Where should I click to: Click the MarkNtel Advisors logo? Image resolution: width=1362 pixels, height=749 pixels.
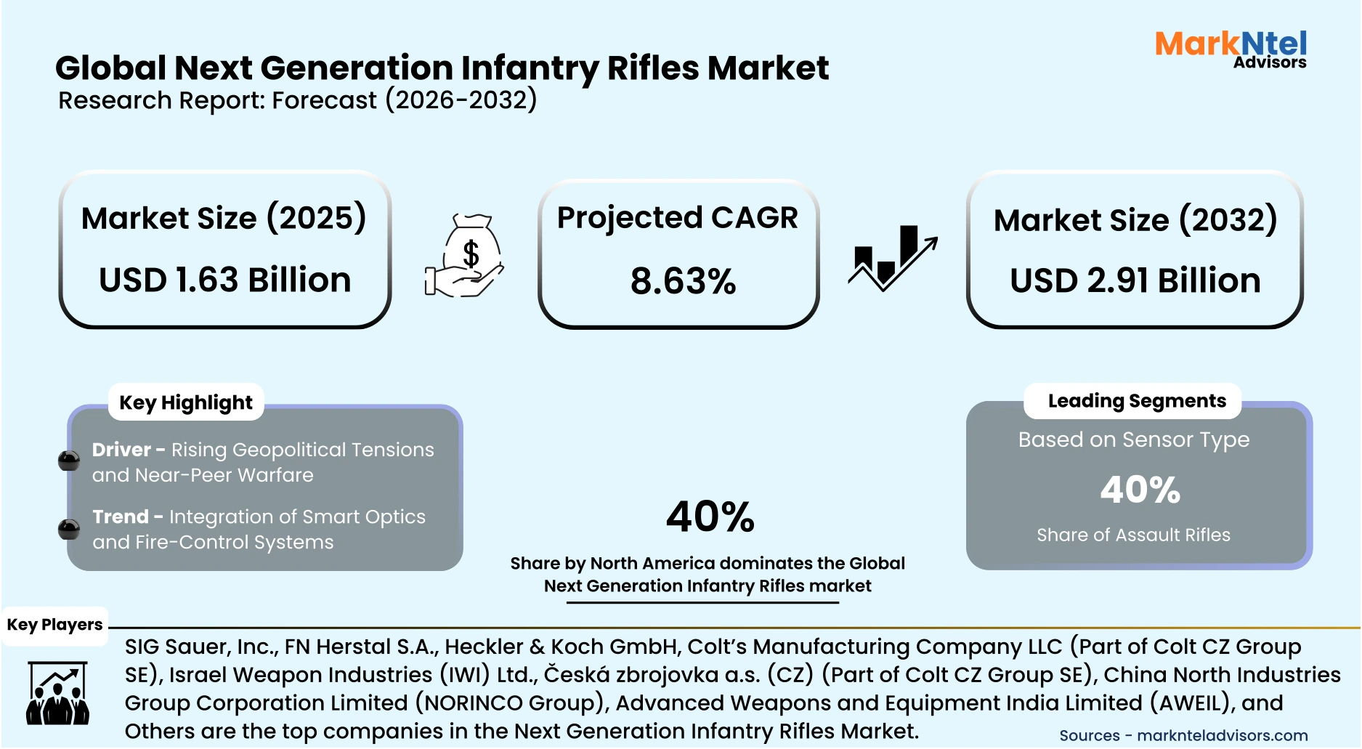click(x=1231, y=49)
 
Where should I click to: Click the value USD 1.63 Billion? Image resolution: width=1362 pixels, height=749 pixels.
click(x=225, y=280)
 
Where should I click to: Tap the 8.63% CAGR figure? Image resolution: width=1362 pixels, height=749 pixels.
click(x=683, y=281)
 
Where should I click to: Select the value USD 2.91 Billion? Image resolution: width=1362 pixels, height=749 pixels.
click(x=1135, y=280)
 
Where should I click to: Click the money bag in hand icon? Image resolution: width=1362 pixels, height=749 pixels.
click(x=465, y=256)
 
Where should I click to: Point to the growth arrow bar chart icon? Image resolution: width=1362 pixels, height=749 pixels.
click(x=893, y=258)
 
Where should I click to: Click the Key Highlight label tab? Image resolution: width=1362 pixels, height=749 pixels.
click(x=186, y=402)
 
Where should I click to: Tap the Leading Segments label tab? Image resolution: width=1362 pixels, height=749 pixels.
click(x=1136, y=401)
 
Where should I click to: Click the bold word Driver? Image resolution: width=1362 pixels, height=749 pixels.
click(x=121, y=450)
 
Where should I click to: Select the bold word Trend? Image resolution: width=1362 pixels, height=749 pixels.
click(x=120, y=517)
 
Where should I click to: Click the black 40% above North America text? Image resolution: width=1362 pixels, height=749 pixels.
click(x=710, y=517)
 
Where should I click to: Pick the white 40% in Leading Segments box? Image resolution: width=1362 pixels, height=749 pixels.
click(x=1140, y=490)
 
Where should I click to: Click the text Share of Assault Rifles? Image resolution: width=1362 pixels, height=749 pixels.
click(x=1133, y=535)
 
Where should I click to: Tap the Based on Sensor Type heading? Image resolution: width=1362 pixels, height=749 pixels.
click(x=1133, y=440)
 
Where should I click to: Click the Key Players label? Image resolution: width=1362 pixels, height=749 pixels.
click(x=54, y=625)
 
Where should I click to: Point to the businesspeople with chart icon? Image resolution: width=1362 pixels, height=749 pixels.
click(x=57, y=693)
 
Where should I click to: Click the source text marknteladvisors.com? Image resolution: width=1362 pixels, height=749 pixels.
click(x=1222, y=736)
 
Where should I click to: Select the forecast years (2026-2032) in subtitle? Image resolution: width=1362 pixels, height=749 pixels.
click(x=461, y=100)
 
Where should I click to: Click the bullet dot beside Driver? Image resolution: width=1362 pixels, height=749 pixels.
click(x=69, y=461)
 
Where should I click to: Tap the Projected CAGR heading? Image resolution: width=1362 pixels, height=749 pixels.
click(x=677, y=218)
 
